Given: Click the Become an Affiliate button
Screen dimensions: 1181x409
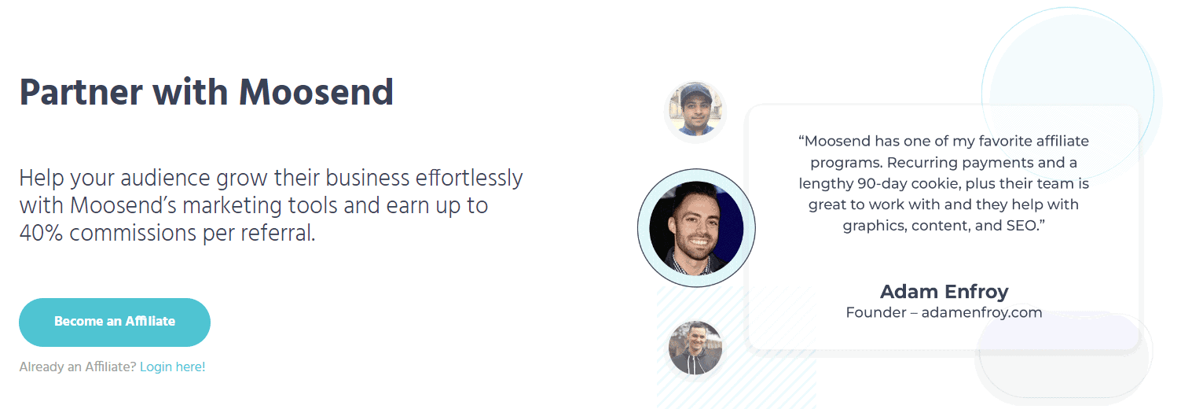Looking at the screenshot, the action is [115, 322].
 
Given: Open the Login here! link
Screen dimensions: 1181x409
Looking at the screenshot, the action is [172, 367].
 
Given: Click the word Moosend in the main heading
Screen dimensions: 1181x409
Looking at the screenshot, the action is [316, 92].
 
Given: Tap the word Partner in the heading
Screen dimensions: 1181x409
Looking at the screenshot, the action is [81, 92].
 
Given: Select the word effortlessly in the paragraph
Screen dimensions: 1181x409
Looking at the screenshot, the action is [469, 178].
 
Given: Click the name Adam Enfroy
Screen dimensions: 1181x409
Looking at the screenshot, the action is [944, 291].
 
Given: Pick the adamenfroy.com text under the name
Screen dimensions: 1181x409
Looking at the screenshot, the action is [981, 312].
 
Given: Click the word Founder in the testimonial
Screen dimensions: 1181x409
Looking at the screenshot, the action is [876, 312].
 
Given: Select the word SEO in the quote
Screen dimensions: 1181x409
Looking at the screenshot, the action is [1021, 226].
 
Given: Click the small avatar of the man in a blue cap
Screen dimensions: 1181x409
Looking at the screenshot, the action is [695, 111].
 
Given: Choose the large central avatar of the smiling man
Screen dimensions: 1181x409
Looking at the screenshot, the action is [696, 228].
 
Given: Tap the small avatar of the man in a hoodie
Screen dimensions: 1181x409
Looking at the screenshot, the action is [695, 348].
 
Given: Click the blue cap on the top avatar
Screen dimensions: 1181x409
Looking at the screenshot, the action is [697, 94].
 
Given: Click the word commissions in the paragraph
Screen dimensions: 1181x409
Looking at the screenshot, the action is [132, 233].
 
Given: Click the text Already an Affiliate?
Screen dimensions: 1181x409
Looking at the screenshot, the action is [78, 367].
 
